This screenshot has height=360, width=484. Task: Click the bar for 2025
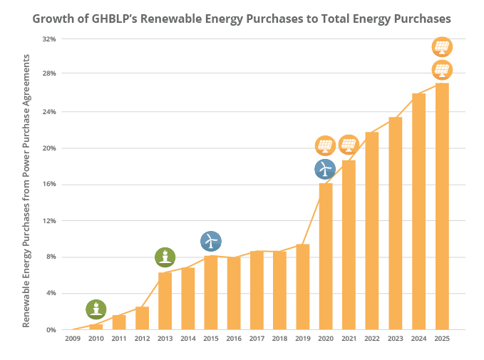point(442,206)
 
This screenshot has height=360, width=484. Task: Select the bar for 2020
point(326,257)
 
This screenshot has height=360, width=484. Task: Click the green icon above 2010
point(96,309)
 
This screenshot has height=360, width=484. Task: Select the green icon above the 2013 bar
point(165,257)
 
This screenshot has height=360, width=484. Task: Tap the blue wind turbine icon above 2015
point(211,240)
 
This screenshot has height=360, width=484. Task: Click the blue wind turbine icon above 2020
point(325,169)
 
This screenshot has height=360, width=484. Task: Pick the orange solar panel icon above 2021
point(349,145)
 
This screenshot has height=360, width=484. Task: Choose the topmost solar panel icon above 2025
point(442,48)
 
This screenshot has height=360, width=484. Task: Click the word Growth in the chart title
point(56,19)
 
